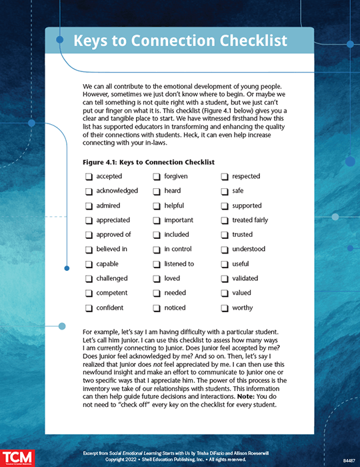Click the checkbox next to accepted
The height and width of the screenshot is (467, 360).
(x=89, y=177)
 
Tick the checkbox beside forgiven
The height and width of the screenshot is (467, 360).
(x=157, y=177)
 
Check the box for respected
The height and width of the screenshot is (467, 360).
(x=225, y=177)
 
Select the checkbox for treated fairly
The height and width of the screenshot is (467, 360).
(x=225, y=220)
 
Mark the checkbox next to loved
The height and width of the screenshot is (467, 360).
(x=157, y=279)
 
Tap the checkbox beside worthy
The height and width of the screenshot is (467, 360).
(x=225, y=308)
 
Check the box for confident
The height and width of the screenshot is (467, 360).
(x=89, y=308)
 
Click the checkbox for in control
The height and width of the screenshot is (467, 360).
(x=157, y=250)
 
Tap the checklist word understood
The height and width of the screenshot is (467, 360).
(x=249, y=250)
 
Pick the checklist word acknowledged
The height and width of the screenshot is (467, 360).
(x=117, y=191)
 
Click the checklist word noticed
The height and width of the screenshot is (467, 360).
(x=175, y=308)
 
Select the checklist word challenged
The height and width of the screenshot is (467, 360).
(x=112, y=278)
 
